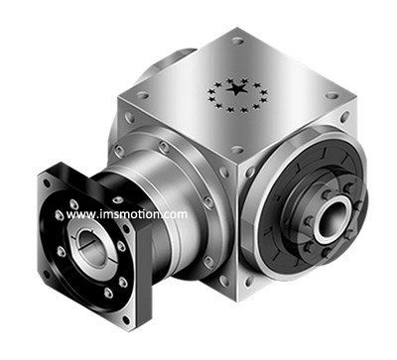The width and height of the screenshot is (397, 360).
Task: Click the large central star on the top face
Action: (237, 89)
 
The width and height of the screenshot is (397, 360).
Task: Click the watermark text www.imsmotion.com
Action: (127, 214)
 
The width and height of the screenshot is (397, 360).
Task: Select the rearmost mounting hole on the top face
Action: (237, 42)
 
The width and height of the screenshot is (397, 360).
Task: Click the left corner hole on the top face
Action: (143, 96)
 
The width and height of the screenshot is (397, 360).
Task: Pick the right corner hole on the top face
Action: (331, 96)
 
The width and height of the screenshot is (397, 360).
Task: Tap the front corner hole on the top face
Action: (237, 150)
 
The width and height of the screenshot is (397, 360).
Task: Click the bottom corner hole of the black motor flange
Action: (126, 320)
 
